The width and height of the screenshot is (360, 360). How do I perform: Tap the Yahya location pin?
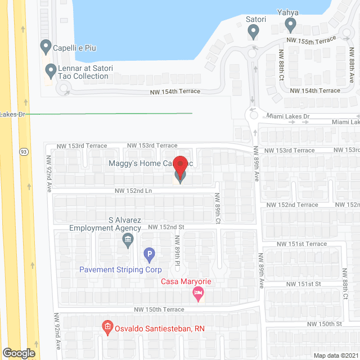[290, 24]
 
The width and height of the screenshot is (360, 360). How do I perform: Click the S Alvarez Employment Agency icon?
[128, 240]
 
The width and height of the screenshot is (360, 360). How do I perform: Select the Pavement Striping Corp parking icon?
[149, 255]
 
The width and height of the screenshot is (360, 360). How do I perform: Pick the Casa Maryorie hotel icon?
[197, 292]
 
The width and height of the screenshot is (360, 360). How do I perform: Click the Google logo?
[18, 353]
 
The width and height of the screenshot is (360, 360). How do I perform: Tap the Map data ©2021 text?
[336, 355]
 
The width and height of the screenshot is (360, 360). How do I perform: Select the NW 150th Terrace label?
[159, 309]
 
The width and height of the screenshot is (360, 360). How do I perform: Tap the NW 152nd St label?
[166, 227]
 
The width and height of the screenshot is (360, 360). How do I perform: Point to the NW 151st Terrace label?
[301, 244]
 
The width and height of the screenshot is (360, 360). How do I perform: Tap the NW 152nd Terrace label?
[292, 205]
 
